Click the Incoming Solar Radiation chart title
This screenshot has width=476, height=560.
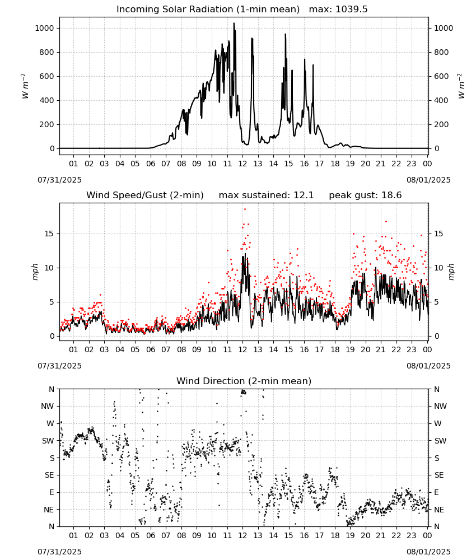208,10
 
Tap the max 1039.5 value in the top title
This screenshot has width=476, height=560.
338,10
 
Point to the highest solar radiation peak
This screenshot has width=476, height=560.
234,24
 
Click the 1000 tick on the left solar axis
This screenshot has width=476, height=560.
45,28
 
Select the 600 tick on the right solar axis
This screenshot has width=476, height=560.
441,76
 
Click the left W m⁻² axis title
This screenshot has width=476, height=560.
24,86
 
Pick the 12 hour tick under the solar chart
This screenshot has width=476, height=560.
242,164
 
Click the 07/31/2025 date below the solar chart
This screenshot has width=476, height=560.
59,180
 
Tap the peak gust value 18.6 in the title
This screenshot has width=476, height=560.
365,195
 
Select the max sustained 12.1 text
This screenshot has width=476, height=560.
266,195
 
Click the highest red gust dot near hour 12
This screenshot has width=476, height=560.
245,209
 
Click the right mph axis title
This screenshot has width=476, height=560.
451,272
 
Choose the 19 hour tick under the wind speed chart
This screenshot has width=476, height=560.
350,349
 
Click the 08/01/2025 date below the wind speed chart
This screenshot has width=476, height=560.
428,366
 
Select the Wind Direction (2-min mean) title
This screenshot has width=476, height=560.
244,381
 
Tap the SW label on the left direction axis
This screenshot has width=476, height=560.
48,441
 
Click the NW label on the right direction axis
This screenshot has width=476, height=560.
440,406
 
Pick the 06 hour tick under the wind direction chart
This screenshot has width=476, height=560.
151,535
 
